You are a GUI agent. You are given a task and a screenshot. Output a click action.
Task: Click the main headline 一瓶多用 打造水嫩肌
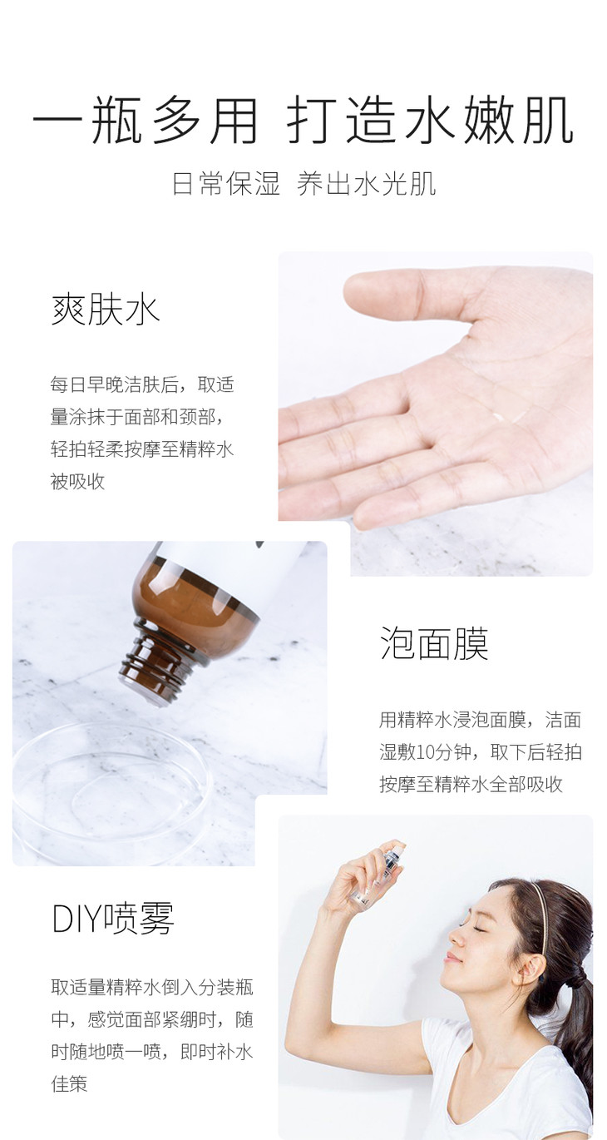303,121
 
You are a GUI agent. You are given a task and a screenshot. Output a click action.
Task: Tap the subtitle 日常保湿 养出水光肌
303,184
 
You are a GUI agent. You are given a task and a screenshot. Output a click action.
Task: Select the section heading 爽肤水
106,310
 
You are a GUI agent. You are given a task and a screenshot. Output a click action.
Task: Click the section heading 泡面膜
434,643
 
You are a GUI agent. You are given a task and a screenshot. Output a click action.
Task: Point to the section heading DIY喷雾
113,918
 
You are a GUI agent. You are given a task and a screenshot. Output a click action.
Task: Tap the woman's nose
454,939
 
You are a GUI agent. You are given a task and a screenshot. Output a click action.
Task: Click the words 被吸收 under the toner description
77,481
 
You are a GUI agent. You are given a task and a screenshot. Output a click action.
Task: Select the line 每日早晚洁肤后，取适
142,384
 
